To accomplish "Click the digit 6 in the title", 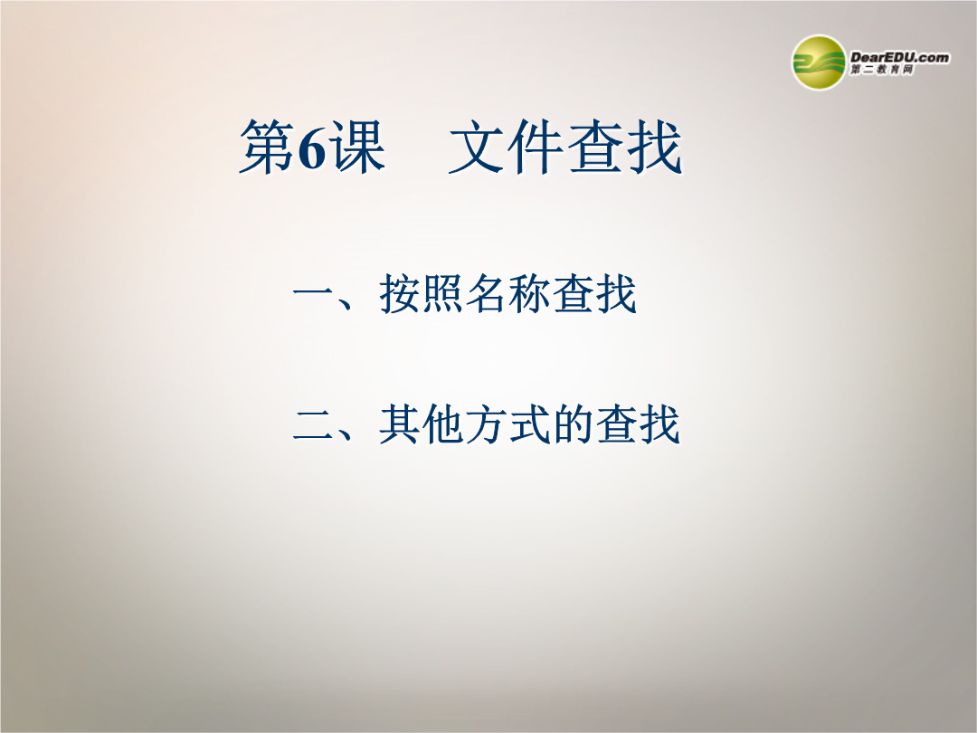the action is point(311,148).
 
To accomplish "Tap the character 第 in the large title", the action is point(267,147).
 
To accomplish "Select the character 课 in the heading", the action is point(357,147).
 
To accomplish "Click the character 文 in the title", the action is point(477,147).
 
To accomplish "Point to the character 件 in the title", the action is point(535,147).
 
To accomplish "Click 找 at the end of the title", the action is point(654,147).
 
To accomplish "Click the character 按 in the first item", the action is point(400,293).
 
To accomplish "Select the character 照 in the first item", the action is point(443,293).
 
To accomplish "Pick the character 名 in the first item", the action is point(487,293).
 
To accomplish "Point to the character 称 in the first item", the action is point(529,293).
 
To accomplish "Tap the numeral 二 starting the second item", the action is point(313,425).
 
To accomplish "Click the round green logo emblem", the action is point(819,62).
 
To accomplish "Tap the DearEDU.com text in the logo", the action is point(900,57).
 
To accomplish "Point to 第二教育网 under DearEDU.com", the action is point(882,70).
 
